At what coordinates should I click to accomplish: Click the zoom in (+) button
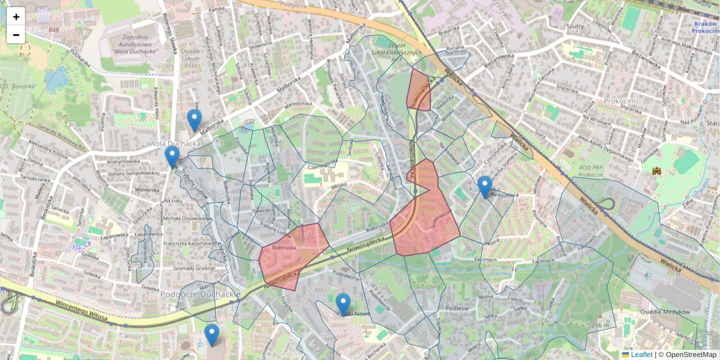coord(16,17)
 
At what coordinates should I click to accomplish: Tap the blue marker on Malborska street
coord(194,120)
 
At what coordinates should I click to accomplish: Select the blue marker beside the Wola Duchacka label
coord(172,156)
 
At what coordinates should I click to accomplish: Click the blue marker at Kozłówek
coord(485,186)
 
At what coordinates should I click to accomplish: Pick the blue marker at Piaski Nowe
coord(343,304)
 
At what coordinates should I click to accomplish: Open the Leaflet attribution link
coord(641,355)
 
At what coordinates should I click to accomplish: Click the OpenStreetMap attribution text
coord(690,355)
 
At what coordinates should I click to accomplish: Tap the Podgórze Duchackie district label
coord(200,295)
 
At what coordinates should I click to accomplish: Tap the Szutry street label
coord(575,27)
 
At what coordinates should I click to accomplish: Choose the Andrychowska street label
coord(123,161)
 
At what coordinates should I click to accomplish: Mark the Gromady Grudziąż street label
coord(194,268)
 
